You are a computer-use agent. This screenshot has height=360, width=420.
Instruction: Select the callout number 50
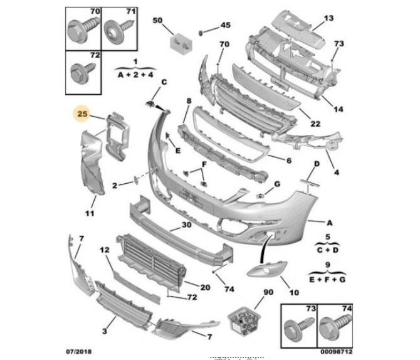pyautogui.click(x=157, y=21)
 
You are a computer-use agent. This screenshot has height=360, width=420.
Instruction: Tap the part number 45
pyautogui.click(x=224, y=26)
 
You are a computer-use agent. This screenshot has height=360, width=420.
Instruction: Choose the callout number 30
pyautogui.click(x=186, y=225)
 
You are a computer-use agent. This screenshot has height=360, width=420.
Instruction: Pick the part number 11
pyautogui.click(x=90, y=214)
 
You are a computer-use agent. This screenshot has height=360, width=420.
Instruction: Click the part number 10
pyautogui.click(x=293, y=292)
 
